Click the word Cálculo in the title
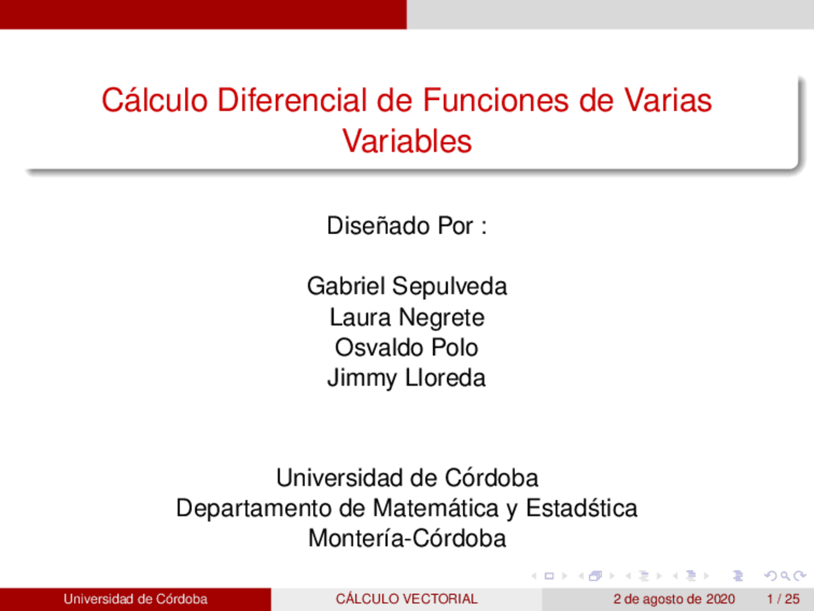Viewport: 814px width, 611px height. (155, 101)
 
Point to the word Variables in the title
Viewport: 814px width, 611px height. (407, 141)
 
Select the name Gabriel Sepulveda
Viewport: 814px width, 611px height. (407, 286)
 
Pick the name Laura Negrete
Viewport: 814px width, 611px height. (407, 317)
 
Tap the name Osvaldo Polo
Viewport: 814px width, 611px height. (407, 348)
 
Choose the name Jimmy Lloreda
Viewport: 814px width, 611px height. (407, 378)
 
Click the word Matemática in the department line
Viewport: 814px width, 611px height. (436, 509)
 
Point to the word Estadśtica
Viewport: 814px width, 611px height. (581, 509)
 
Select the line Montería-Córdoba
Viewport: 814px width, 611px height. (407, 538)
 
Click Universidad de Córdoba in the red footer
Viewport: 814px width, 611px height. (135, 599)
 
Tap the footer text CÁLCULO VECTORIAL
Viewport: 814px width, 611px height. (407, 599)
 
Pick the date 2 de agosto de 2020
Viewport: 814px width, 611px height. (674, 599)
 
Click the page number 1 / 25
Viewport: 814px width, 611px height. (783, 599)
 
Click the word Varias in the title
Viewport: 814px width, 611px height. (668, 101)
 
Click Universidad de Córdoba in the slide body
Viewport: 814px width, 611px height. (407, 478)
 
